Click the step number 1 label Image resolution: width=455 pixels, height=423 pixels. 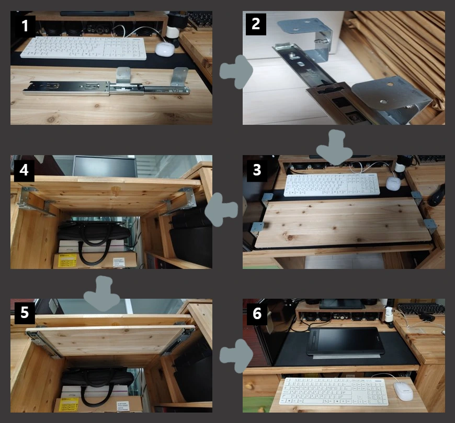(25, 26)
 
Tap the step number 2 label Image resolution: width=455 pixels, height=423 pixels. (256, 24)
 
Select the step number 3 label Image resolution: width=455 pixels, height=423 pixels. (257, 170)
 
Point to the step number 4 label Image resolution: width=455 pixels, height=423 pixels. (24, 170)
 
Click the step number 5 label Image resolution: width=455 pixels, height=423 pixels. (25, 313)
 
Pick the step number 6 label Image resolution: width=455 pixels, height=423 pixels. (257, 313)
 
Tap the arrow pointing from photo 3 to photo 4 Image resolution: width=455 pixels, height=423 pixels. (221, 210)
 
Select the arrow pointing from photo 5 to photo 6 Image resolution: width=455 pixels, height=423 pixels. (236, 356)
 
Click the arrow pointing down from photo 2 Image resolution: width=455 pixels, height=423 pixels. (334, 147)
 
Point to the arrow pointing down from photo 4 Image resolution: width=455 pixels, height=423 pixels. (101, 293)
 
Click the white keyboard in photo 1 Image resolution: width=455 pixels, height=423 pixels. (84, 48)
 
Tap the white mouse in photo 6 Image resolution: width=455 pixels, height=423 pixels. (403, 391)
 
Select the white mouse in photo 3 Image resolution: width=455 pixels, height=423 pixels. (393, 183)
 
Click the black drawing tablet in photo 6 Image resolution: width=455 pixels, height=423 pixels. (345, 342)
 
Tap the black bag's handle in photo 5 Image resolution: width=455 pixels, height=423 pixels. (96, 391)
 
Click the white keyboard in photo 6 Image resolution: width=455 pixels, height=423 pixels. (334, 392)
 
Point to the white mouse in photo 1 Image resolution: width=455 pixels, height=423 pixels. (165, 49)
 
